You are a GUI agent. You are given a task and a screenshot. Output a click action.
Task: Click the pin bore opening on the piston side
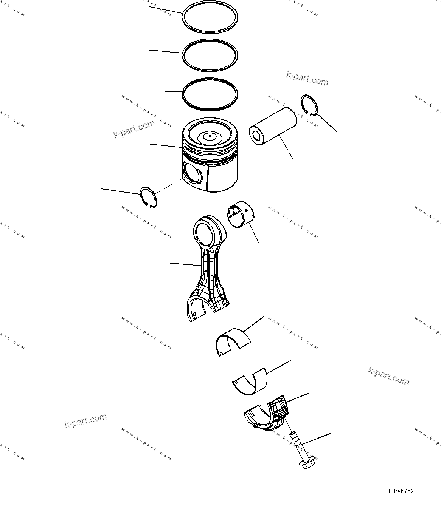192,173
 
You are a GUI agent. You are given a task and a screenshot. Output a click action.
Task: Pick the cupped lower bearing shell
250,381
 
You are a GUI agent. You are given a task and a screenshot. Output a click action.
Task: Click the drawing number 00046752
400,491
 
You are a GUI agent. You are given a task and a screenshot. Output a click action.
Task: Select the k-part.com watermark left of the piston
134,129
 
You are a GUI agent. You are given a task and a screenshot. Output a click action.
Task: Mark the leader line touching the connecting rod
183,264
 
